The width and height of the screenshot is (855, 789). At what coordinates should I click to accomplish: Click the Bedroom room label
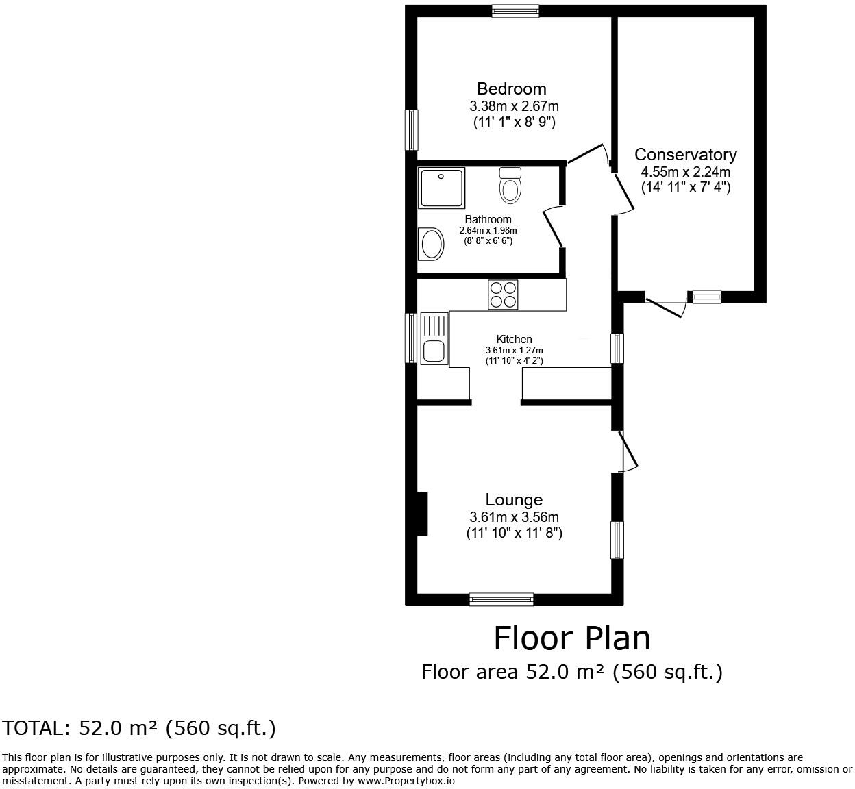coord(511,88)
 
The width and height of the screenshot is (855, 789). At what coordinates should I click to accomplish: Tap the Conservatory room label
coord(685,155)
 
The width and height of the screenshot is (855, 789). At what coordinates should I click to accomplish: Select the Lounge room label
coord(514,500)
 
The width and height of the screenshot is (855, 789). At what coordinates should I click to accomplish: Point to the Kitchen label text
coord(514,339)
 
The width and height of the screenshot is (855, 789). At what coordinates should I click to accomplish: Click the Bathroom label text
coord(488,220)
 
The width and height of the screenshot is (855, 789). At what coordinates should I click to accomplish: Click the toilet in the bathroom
coord(510,186)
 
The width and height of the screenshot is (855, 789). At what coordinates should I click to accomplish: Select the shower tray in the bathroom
coord(442,188)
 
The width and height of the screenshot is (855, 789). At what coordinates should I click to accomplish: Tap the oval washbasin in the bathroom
coord(431,244)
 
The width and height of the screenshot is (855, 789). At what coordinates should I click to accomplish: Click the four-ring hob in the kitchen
coord(503,295)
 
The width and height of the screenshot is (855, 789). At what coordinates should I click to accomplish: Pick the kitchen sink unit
coord(433,338)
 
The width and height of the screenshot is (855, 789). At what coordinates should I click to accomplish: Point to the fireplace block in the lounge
coord(422,514)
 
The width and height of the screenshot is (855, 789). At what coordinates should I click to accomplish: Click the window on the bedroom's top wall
coord(515,11)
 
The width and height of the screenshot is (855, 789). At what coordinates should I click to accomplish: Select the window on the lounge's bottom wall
coord(501,600)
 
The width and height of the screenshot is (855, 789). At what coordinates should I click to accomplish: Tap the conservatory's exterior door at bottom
coord(666,305)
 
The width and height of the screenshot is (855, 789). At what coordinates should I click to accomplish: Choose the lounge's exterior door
coord(628,451)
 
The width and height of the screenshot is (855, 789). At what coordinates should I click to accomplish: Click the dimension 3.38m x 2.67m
coord(514,106)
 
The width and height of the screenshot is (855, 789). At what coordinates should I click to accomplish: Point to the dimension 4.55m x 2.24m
coord(685,172)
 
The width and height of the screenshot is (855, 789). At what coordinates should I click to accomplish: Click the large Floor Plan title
coord(571,638)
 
